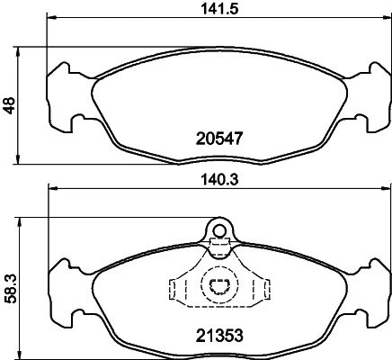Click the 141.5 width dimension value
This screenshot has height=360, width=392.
pyautogui.click(x=219, y=9)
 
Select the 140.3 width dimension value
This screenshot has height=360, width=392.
pyautogui.click(x=219, y=180)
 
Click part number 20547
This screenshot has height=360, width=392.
pyautogui.click(x=218, y=139)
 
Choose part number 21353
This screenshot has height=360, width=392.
pyautogui.click(x=219, y=336)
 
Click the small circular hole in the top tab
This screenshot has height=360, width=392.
pyautogui.click(x=219, y=230)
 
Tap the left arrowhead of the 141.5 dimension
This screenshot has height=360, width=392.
pyautogui.click(x=51, y=17)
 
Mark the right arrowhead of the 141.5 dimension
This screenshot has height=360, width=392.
pyautogui.click(x=387, y=17)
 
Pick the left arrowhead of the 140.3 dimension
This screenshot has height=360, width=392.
pyautogui.click(x=53, y=188)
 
